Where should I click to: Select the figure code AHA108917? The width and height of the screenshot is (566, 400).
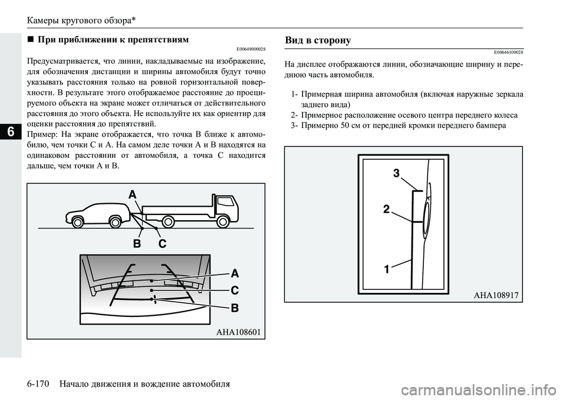coord(496,295)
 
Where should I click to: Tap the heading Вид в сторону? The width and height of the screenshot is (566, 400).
coord(318,40)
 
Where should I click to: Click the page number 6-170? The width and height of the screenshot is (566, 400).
coord(39,384)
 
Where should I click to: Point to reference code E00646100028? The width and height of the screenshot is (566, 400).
coord(502,52)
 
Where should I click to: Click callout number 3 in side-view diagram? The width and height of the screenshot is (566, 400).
coord(396,173)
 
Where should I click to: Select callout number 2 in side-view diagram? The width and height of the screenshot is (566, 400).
coord(386,209)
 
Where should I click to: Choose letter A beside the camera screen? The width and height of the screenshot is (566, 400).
coord(235,273)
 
